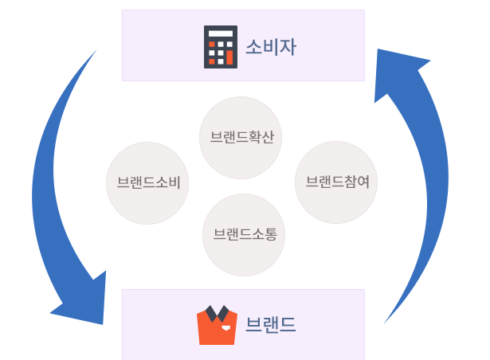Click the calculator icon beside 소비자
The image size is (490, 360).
[x=220, y=47]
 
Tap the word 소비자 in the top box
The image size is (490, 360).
[x=270, y=47]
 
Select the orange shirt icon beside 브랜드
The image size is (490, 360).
[x=217, y=325]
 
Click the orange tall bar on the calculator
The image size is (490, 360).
[x=229, y=57]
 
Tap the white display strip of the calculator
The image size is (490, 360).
[x=220, y=33]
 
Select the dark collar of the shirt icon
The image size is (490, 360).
[x=217, y=311]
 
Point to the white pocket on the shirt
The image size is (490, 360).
[x=225, y=327]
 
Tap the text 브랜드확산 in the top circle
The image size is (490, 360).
[x=241, y=137]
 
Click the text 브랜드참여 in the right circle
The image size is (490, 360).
[x=337, y=182]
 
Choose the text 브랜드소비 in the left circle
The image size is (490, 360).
[x=148, y=182]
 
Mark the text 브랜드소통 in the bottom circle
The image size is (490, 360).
[x=245, y=234]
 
